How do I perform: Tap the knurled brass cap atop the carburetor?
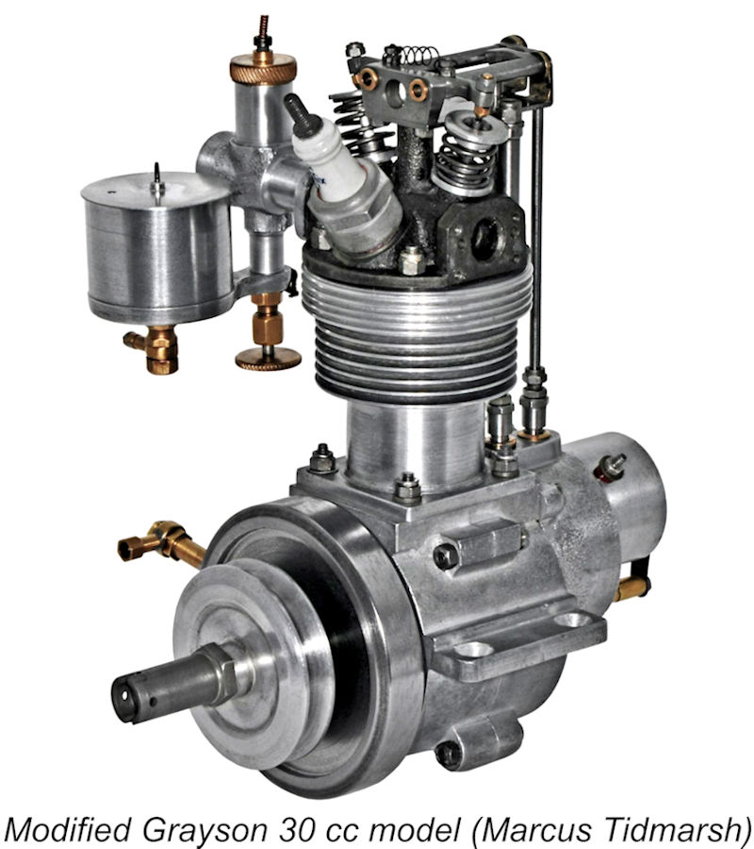pos(263,68)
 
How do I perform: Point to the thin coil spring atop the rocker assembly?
pos(419,55)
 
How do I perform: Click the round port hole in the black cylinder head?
pos(485,239)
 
